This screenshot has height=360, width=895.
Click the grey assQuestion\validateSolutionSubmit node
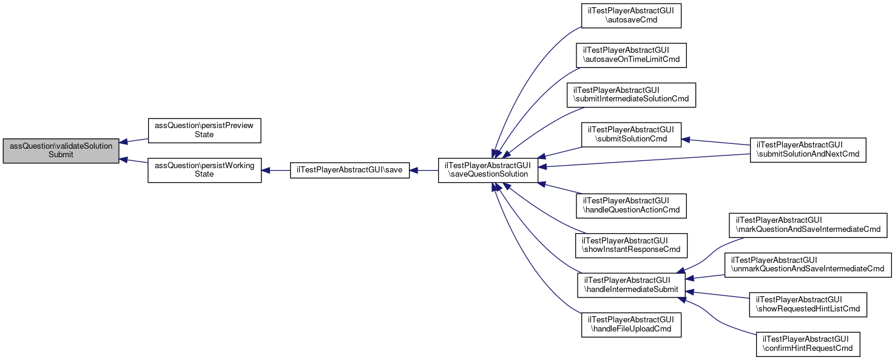click(61, 151)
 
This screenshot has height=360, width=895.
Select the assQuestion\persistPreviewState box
click(204, 131)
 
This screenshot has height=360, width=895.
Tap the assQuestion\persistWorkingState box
click(204, 170)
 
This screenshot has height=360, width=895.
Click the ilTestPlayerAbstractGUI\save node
click(350, 170)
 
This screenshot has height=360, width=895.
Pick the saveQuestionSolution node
click(488, 170)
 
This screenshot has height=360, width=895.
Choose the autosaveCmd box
click(631, 16)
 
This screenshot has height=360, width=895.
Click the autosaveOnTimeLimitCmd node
click(631, 55)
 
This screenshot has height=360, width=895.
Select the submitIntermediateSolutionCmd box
click(631, 95)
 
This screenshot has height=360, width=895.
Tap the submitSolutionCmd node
click(631, 135)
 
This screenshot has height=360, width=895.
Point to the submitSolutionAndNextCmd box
click(808, 150)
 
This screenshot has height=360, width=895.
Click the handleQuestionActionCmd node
click(631, 206)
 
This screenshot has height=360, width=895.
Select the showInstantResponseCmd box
click(631, 245)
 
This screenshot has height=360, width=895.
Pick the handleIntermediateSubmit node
click(631, 285)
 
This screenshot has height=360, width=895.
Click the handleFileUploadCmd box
click(631, 325)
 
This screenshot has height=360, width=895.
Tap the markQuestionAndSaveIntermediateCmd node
click(808, 225)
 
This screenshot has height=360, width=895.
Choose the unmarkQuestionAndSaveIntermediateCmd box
click(808, 265)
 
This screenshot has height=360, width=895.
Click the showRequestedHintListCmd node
click(808, 305)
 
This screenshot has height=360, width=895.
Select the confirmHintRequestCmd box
click(808, 344)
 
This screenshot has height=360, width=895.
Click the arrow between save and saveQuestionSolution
click(424, 170)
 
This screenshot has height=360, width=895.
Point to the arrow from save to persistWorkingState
click(275, 170)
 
